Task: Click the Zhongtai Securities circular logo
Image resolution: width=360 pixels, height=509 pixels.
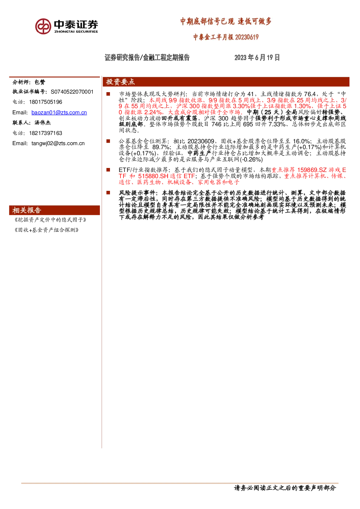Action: (43, 26)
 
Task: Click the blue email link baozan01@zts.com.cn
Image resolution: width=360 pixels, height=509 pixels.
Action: (59, 112)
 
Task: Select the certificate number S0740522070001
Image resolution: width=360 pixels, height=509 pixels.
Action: (72, 92)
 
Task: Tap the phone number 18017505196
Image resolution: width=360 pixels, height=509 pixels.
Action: (46, 102)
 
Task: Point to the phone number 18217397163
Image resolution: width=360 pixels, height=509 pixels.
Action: (46, 133)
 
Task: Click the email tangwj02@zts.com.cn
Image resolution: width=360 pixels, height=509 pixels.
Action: (58, 143)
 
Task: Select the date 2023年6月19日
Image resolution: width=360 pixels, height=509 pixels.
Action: (257, 57)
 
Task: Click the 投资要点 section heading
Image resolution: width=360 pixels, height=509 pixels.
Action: (120, 82)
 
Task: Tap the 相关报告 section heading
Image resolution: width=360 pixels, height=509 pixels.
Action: (27, 210)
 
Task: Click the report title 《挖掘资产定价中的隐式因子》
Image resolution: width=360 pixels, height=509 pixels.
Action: (50, 220)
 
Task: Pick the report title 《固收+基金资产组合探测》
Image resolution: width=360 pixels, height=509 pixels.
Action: (46, 230)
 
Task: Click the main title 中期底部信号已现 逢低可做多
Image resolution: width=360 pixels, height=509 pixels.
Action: (226, 21)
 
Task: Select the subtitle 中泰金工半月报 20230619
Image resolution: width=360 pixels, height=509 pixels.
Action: (226, 37)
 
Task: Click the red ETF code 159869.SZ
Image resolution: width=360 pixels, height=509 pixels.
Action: (312, 170)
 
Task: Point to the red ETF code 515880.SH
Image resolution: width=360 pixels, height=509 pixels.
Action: (153, 176)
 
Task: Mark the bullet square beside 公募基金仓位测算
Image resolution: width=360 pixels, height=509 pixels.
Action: (108, 141)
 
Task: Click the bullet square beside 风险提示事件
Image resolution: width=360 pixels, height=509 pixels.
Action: (108, 193)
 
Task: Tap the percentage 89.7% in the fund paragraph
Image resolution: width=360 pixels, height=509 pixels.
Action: (161, 147)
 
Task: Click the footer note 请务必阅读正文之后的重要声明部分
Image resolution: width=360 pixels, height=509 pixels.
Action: (285, 488)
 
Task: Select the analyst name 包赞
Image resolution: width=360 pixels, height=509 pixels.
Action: (40, 82)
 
